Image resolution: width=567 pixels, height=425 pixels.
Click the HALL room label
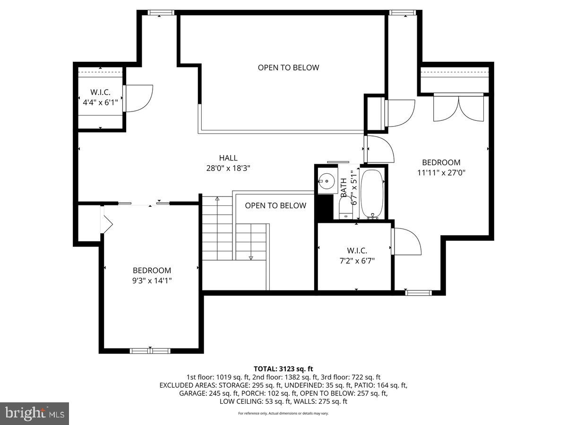tap(228, 158)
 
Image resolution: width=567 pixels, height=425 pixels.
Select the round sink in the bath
tap(325, 180)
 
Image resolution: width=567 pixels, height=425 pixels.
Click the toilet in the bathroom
tap(344, 208)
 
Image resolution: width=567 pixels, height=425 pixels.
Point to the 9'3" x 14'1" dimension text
tap(152, 280)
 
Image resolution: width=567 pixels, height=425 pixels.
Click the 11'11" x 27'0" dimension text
tap(441, 172)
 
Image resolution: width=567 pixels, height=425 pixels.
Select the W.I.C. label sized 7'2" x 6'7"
tap(357, 251)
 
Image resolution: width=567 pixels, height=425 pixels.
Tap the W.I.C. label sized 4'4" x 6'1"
tap(100, 93)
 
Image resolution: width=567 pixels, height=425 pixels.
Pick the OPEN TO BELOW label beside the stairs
tap(275, 205)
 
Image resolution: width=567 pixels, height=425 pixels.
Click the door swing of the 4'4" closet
tap(139, 98)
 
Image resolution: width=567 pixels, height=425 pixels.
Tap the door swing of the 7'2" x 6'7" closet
tap(406, 241)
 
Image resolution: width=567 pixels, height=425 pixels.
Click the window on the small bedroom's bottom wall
tap(150, 350)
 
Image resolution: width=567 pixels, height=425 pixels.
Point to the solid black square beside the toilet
tap(324, 206)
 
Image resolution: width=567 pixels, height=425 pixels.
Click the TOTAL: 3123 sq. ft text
tap(283, 369)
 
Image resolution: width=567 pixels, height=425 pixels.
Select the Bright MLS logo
tap(34, 414)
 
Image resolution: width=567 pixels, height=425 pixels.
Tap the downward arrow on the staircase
tap(251, 257)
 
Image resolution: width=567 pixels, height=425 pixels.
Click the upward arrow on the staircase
tap(217, 199)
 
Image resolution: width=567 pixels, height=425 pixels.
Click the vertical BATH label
tap(344, 187)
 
